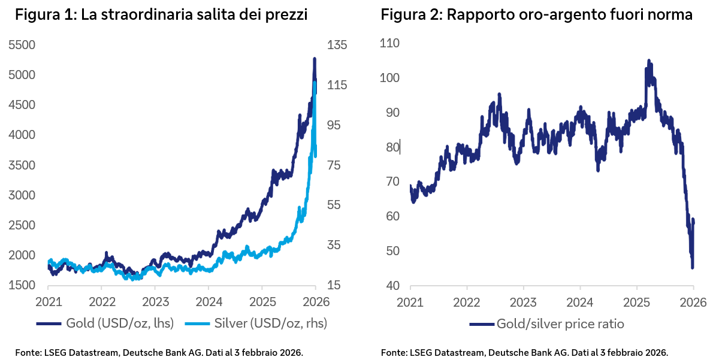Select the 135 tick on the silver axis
pos(336,45)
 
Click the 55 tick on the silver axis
pos(333,205)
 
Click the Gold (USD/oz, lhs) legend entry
pos(105,323)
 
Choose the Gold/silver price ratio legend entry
pos(547,324)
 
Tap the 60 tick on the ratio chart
pos(393,216)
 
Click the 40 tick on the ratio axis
pos(393,285)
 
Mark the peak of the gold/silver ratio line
pos(648,60)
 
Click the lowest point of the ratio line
pos(692,268)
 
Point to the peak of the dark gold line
pos(315,59)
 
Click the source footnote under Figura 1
pos(159,352)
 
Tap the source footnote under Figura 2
pos(524,352)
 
